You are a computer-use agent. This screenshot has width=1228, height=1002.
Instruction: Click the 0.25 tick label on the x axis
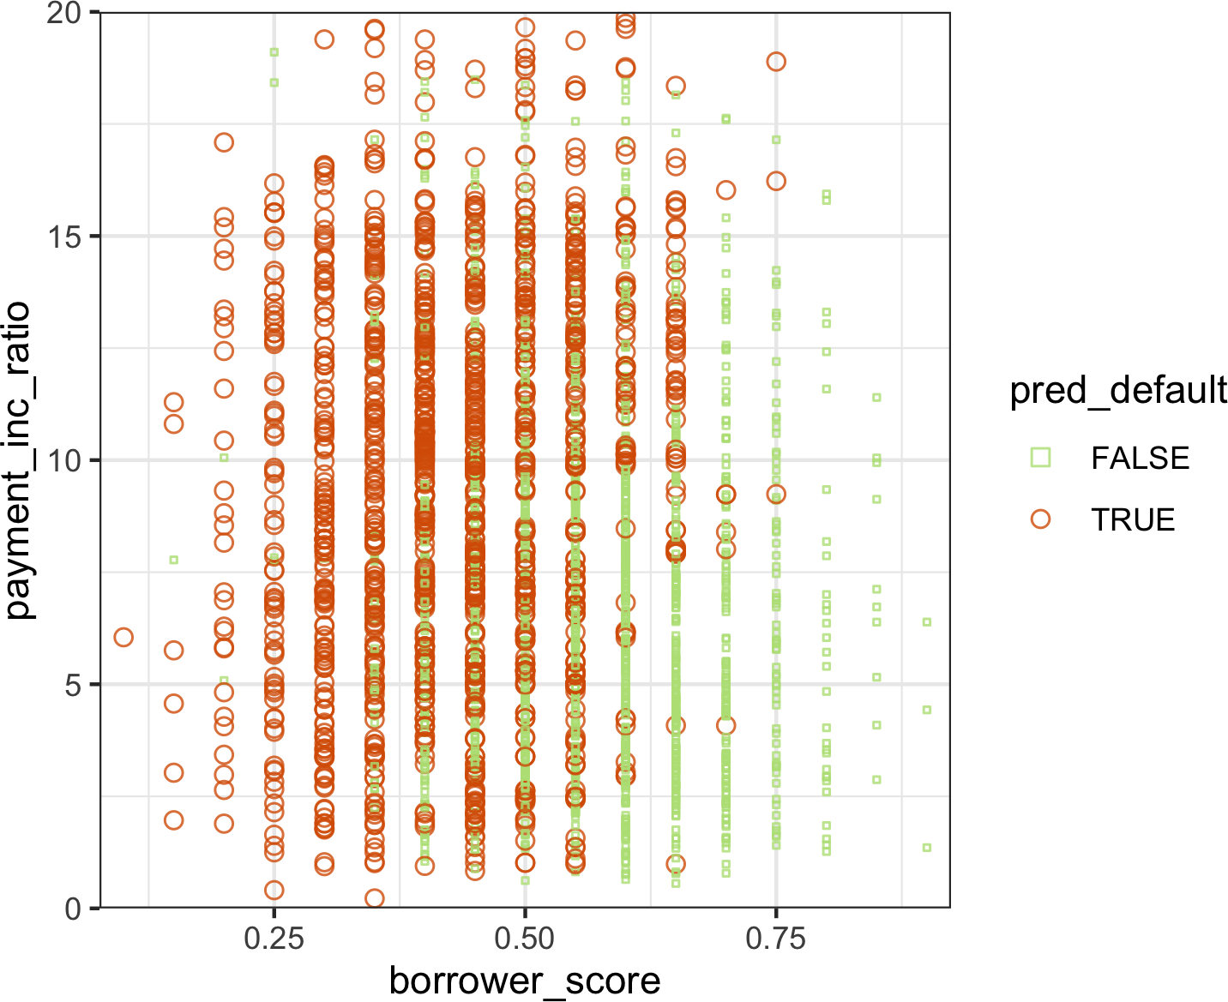274,939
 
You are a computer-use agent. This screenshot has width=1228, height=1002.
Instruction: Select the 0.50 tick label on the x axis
524,939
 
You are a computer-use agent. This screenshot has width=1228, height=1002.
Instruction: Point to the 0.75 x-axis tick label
775,939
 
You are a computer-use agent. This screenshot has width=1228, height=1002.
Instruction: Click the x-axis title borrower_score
525,981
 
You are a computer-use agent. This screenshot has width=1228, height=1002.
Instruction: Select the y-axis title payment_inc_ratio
17,460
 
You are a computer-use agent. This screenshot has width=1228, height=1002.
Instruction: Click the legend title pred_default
1118,391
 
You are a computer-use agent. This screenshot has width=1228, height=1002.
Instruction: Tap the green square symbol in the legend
1040,457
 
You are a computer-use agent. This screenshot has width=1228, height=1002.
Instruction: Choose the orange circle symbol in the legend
1040,519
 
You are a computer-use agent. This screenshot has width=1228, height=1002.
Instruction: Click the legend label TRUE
1132,520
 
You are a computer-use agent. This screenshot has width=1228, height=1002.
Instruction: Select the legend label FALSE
1140,459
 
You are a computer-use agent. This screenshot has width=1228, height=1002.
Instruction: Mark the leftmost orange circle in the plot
123,637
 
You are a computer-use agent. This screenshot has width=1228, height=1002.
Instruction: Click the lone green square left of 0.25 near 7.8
173,560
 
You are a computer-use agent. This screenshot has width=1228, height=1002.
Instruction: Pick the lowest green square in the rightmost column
927,848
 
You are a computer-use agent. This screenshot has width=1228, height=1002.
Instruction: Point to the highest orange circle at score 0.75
776,62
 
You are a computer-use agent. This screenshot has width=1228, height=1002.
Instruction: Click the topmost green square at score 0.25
274,52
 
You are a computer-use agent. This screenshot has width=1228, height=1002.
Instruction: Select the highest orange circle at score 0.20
224,142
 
